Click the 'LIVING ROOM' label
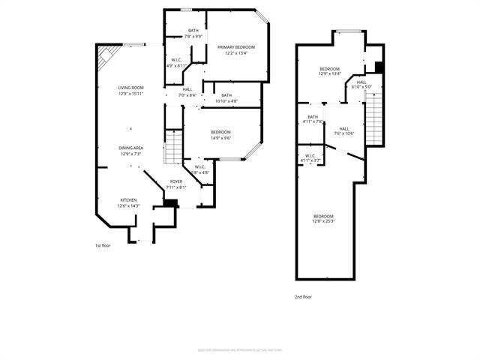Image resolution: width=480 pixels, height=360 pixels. (x=130, y=88)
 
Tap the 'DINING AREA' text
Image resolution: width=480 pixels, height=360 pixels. (x=130, y=148)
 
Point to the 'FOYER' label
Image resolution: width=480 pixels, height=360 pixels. (x=175, y=181)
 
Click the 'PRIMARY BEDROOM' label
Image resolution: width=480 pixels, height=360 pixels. (x=236, y=47)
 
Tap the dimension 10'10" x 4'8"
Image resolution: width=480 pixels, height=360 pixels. (x=226, y=101)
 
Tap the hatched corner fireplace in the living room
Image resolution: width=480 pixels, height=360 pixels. (x=106, y=55)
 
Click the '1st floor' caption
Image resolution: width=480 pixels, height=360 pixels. (x=102, y=245)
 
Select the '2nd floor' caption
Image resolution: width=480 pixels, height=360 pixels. (x=303, y=296)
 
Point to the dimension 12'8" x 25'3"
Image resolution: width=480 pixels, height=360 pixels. (x=323, y=221)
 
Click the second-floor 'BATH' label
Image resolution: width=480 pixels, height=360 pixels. (x=312, y=116)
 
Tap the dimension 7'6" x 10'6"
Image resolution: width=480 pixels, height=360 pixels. (x=344, y=133)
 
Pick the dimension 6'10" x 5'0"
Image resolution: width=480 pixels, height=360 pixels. (x=361, y=87)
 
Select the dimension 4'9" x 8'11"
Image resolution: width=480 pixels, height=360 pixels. (x=175, y=66)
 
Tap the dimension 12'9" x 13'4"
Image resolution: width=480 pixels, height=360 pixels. (x=330, y=74)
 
